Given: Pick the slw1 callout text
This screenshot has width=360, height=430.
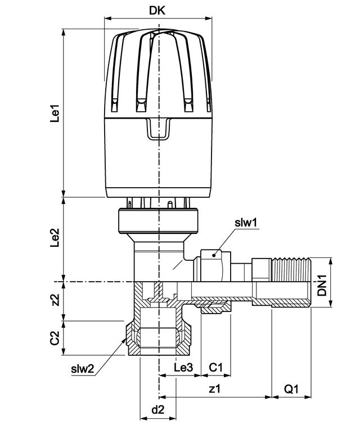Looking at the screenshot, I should tap(246, 223).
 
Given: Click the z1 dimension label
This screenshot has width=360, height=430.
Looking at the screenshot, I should tap(215, 388).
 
